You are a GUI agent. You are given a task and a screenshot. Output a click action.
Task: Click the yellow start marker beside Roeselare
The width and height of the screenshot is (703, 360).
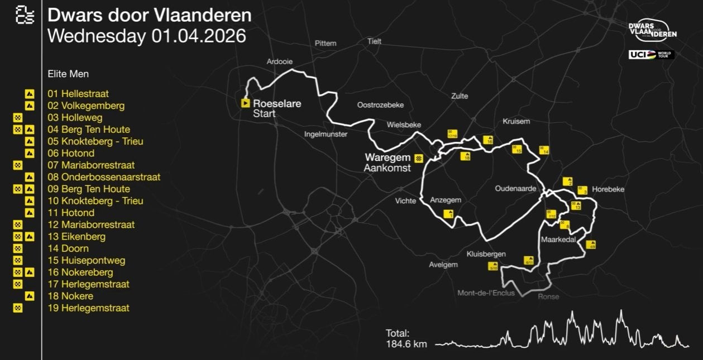point(245,103)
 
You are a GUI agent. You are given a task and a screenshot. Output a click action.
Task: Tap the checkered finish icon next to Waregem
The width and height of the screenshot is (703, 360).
point(418,158)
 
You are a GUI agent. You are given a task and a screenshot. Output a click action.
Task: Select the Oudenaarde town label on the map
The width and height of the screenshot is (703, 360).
point(515,188)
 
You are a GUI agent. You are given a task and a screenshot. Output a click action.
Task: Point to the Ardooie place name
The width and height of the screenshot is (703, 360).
point(280,61)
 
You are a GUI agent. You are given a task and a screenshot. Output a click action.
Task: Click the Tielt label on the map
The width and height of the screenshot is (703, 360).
point(374,41)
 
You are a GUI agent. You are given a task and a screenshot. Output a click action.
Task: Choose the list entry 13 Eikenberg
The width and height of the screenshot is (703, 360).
point(76,237)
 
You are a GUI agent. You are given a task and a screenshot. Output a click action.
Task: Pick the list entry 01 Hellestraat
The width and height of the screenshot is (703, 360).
point(78,94)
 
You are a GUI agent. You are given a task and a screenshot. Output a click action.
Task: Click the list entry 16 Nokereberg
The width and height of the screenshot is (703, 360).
point(80,272)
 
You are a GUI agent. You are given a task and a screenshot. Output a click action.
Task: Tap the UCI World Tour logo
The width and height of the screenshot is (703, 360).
point(652,55)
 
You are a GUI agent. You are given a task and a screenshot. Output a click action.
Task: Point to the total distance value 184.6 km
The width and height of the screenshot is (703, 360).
point(406,344)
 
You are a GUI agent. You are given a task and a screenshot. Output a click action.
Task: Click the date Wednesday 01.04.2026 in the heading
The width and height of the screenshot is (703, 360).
point(147,36)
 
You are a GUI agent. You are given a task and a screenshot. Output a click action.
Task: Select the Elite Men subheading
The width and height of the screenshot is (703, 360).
point(68,74)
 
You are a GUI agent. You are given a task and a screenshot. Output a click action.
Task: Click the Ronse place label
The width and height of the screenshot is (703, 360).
point(548,296)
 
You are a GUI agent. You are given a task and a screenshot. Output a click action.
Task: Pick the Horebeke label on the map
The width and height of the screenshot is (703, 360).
point(608,189)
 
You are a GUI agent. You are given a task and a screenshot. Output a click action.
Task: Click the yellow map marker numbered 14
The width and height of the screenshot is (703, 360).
point(544,150)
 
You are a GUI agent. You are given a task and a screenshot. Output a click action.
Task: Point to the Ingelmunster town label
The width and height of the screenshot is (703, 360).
point(326,134)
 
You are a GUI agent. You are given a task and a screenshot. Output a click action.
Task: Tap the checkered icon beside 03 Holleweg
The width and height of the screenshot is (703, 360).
point(18,118)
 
